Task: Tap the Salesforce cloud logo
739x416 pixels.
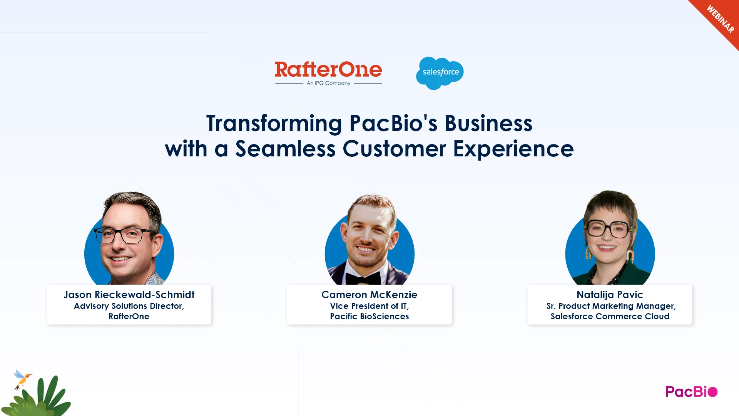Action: point(440,73)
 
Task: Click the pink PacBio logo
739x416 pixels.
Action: point(691,392)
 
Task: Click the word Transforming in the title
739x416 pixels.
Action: point(274,124)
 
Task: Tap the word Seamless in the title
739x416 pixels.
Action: point(285,149)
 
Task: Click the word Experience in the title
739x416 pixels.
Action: point(513,149)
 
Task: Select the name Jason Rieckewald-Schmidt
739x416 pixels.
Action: point(129,295)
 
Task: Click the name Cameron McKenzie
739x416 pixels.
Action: point(369,295)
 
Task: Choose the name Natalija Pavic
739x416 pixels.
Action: point(610,295)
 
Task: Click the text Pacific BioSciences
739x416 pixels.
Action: point(369,316)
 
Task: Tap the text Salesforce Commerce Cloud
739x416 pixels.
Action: point(610,316)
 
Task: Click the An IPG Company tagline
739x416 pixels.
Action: point(328,83)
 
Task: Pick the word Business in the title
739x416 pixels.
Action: point(488,124)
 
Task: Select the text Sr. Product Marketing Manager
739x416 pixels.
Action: point(611,306)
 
